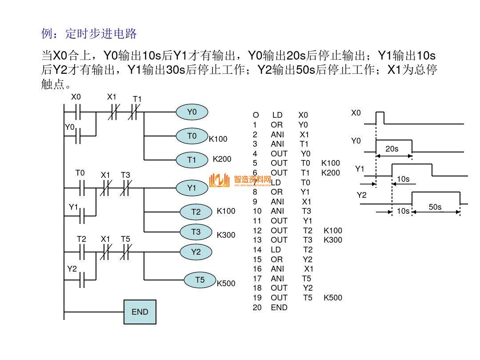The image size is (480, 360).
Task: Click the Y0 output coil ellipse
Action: (x=192, y=112)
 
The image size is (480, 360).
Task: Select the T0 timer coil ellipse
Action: (x=192, y=136)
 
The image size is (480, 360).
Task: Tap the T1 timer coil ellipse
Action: (x=192, y=160)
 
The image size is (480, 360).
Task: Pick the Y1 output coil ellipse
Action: (x=192, y=188)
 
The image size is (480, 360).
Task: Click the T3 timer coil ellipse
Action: (x=196, y=232)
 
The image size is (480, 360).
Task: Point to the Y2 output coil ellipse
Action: (x=196, y=252)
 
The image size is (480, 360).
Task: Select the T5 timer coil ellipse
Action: (x=200, y=280)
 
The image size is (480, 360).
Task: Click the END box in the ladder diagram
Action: (x=140, y=312)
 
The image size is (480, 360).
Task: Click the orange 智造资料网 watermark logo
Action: (x=240, y=180)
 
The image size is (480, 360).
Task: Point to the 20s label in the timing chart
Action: (x=392, y=149)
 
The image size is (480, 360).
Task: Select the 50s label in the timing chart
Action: (x=435, y=207)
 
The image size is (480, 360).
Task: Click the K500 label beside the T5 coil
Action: (x=226, y=284)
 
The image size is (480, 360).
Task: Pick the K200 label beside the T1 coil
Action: (x=222, y=159)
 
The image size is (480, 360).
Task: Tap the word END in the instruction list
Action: (x=279, y=308)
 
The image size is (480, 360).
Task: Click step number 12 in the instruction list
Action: (x=257, y=231)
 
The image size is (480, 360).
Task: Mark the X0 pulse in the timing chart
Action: (x=380, y=118)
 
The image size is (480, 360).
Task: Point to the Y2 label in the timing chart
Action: (x=361, y=195)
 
